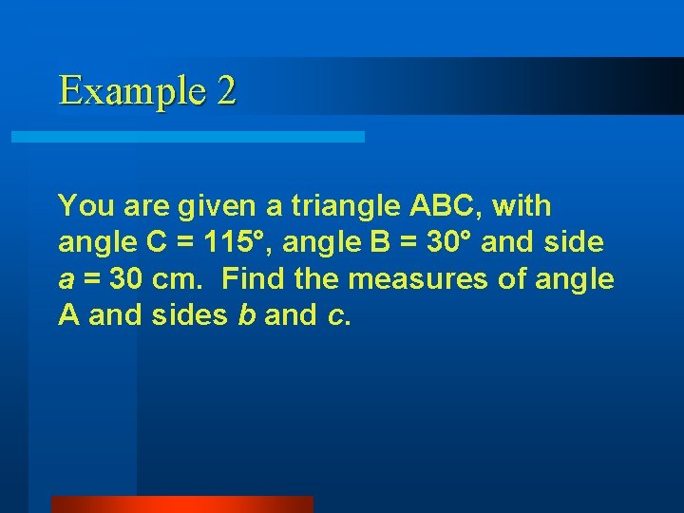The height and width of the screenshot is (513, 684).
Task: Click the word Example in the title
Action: click(130, 91)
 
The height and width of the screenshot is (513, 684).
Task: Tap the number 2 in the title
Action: click(226, 91)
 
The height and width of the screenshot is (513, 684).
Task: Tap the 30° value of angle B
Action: click(448, 242)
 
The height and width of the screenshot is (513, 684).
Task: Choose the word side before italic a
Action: click(573, 242)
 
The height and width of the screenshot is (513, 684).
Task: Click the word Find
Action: click(251, 279)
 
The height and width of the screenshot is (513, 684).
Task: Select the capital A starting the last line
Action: click(68, 315)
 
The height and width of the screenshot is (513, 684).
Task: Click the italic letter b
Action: click(245, 315)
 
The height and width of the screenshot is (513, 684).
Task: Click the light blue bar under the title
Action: click(187, 137)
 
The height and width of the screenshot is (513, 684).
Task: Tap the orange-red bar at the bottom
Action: click(181, 503)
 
